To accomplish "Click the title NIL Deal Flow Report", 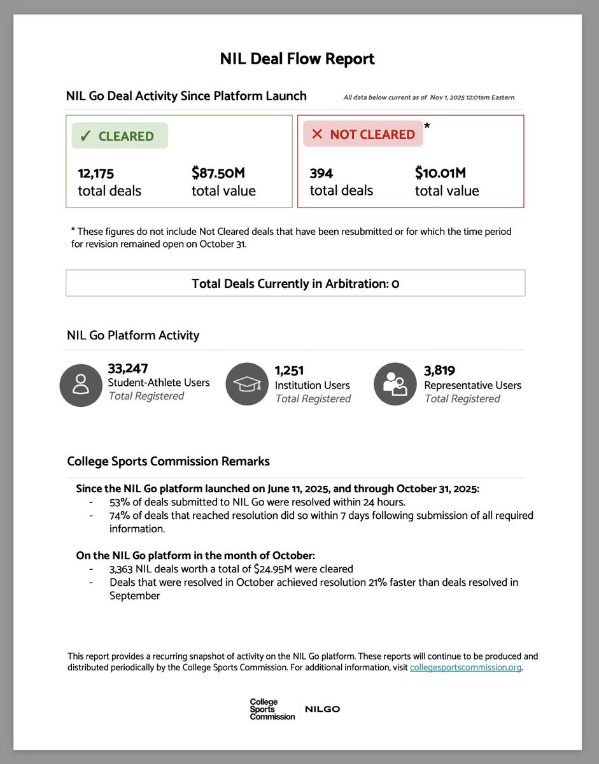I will click(297, 59).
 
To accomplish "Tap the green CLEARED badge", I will click(120, 136).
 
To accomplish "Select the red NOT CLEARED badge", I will click(362, 134).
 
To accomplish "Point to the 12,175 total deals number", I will click(95, 173).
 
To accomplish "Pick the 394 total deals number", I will click(321, 173).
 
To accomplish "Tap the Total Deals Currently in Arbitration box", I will click(295, 283).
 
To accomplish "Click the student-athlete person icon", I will click(80, 385).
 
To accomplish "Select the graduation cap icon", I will click(247, 385).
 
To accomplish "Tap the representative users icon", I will click(395, 385).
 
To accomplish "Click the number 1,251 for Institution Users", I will click(289, 371).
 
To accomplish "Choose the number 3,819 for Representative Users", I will click(439, 371).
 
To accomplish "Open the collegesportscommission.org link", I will click(466, 668).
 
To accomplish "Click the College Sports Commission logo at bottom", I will click(272, 709).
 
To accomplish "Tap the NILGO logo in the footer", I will click(322, 709).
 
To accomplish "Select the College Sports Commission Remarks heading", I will click(168, 462).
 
